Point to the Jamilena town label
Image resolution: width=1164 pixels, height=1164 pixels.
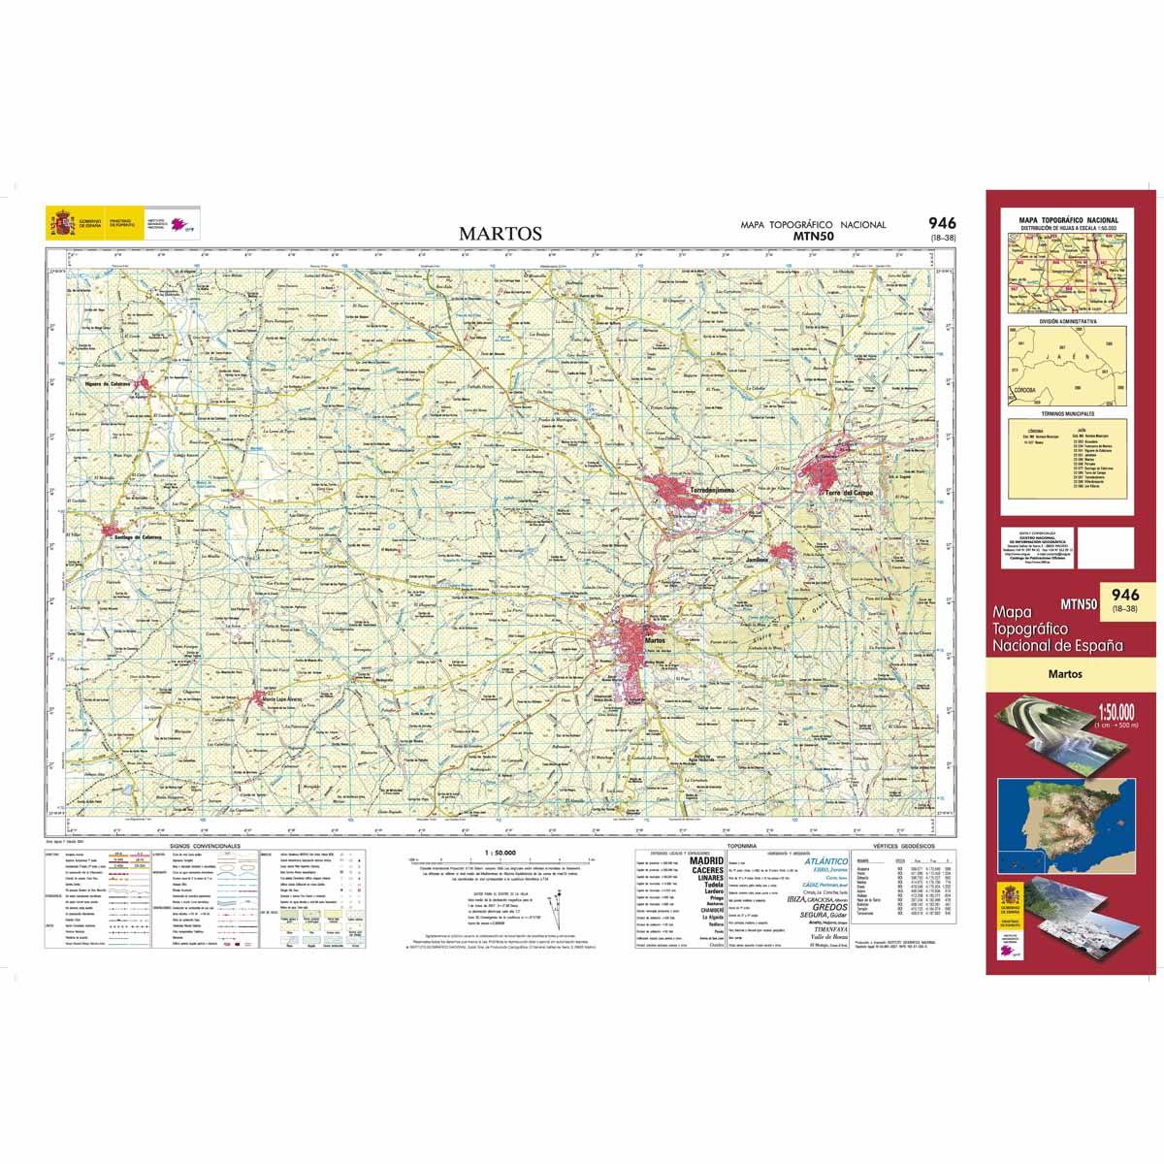pyautogui.click(x=757, y=560)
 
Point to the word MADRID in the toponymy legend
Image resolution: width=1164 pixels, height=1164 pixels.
pyautogui.click(x=705, y=860)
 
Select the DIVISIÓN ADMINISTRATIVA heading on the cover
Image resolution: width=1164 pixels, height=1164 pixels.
pyautogui.click(x=1068, y=319)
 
